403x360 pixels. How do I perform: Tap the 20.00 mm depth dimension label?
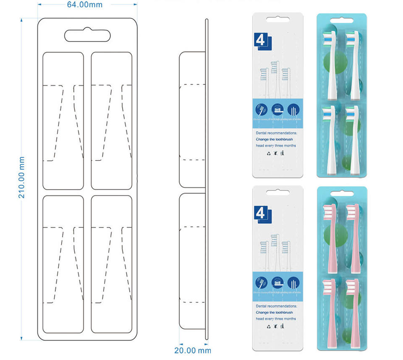(x=192, y=350)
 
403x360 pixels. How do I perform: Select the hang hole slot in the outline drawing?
(x=87, y=35)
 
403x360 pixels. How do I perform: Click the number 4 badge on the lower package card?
(x=261, y=214)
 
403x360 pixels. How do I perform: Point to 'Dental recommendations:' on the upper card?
(x=276, y=133)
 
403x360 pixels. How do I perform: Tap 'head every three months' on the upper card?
(x=276, y=146)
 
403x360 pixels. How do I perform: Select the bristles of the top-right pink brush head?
(x=353, y=212)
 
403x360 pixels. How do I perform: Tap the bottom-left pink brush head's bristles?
(x=328, y=286)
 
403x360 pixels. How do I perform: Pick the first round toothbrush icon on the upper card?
(x=261, y=110)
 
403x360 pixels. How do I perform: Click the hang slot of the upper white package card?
(x=277, y=20)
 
